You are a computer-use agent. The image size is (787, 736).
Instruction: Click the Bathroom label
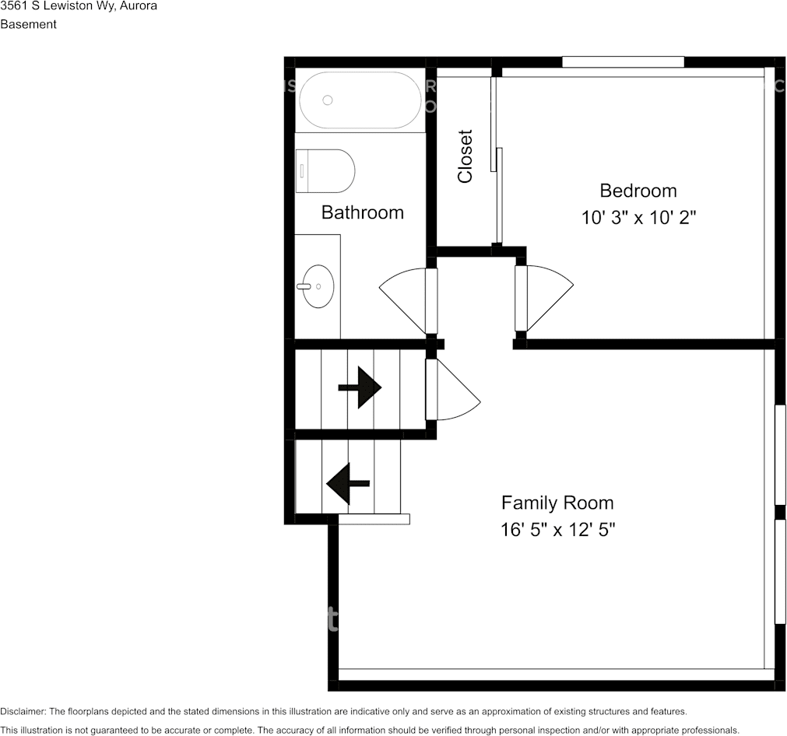363,212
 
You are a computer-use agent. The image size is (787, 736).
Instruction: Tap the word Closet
466,156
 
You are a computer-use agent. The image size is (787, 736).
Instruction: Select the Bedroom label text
638,191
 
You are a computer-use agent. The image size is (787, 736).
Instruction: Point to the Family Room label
557,503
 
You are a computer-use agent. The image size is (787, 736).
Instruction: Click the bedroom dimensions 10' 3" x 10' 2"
638,218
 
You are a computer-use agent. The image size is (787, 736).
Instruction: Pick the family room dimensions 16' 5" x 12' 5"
557,529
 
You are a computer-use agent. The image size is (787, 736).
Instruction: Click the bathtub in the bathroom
360,100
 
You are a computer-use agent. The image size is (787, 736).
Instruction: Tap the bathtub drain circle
328,100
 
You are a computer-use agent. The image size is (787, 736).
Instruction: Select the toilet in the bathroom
325,170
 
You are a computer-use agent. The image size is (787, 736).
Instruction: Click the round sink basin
318,286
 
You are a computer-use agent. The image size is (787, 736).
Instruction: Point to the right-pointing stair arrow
360,387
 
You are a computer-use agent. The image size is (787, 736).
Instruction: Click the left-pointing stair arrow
348,484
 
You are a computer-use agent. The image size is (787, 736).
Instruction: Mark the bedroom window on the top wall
623,61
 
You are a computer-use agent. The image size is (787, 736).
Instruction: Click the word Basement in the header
29,24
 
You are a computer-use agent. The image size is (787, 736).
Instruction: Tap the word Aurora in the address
138,6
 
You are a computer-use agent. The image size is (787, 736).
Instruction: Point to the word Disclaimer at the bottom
23,711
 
